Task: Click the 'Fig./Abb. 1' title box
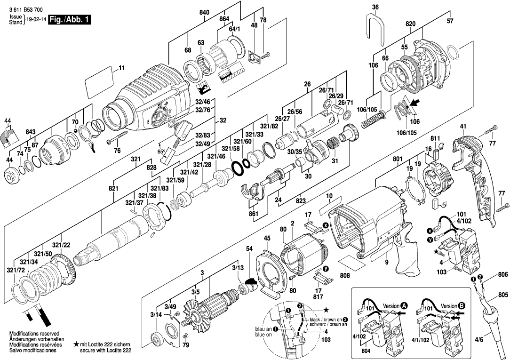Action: [x=72, y=20]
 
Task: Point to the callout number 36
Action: [x=375, y=7]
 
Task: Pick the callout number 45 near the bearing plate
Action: [x=267, y=239]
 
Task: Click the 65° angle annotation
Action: [x=161, y=152]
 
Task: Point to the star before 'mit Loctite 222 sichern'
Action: [x=76, y=344]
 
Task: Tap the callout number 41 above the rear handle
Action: [x=463, y=126]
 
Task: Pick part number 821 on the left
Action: [x=113, y=188]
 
